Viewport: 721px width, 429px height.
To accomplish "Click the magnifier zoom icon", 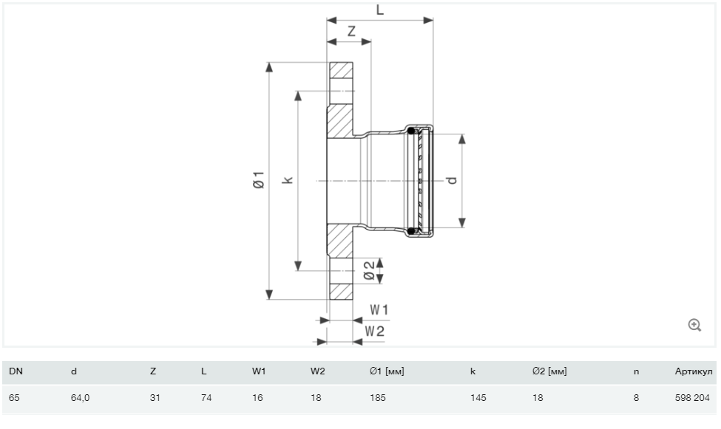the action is tap(694, 325).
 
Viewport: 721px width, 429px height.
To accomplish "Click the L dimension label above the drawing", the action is tap(380, 10).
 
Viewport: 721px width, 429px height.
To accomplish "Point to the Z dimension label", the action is tap(352, 31).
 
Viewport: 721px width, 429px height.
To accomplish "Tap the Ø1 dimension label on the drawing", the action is tap(259, 179).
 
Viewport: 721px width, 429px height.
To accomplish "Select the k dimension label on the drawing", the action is tap(288, 179).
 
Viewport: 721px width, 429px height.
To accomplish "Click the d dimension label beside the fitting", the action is tap(452, 180).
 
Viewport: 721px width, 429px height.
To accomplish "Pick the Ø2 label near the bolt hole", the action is tap(369, 271).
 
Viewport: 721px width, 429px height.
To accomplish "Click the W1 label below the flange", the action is tap(379, 310).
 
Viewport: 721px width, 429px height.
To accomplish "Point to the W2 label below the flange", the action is tap(375, 331).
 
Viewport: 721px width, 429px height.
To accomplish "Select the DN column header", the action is tap(16, 371).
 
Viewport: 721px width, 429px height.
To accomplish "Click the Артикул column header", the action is tap(694, 371).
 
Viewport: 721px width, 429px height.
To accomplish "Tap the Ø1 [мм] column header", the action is tap(387, 371).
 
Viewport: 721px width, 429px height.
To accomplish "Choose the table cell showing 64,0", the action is tap(80, 398).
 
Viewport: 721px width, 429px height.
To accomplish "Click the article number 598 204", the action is tap(692, 398).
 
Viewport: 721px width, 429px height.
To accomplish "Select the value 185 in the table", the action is tap(378, 398).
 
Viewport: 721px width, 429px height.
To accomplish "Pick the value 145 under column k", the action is tap(478, 398).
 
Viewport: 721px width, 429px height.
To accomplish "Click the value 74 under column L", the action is tap(206, 398).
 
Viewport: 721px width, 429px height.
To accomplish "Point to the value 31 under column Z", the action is tap(155, 398).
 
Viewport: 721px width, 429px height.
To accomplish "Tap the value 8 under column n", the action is tap(636, 398).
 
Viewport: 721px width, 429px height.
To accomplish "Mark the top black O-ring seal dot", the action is tap(410, 131).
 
